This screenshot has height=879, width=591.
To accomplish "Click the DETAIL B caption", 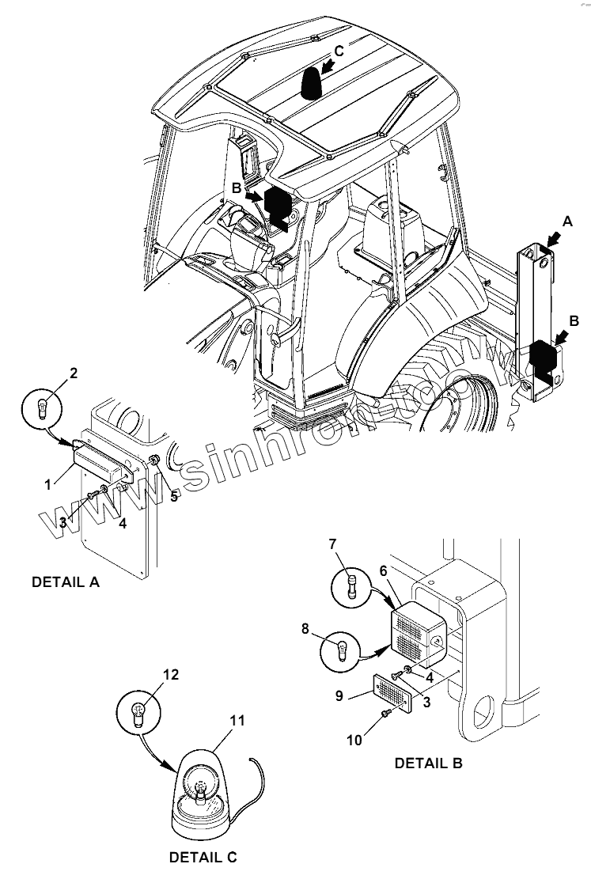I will point(428,763).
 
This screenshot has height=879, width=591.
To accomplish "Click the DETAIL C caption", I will point(203,857).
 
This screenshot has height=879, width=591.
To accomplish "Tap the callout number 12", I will point(171,675).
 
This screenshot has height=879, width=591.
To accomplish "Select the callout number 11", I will point(237,720).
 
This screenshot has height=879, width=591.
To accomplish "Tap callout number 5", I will point(174,498).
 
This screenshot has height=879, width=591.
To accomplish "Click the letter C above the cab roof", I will point(339,51).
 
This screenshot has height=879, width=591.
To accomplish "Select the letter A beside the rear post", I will point(566,224).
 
